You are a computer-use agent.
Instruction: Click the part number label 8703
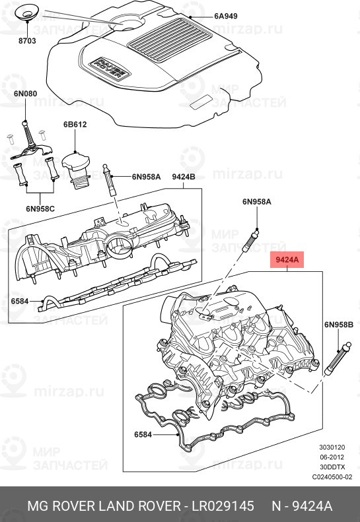click(27, 40)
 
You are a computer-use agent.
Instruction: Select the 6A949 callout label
click(207, 15)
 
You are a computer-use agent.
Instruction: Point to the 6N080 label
click(25, 94)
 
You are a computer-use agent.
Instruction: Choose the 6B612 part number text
click(75, 124)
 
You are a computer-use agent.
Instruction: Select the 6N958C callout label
click(40, 209)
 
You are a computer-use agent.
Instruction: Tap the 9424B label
click(184, 176)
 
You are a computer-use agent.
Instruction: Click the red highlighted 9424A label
click(287, 261)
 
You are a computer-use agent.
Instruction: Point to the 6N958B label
click(339, 325)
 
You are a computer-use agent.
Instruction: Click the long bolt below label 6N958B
click(338, 360)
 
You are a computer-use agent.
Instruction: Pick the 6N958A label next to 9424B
click(146, 176)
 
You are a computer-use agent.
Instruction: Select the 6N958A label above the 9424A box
click(256, 202)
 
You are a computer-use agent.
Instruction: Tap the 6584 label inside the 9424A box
click(145, 435)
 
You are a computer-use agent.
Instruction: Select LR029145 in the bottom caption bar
click(223, 506)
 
